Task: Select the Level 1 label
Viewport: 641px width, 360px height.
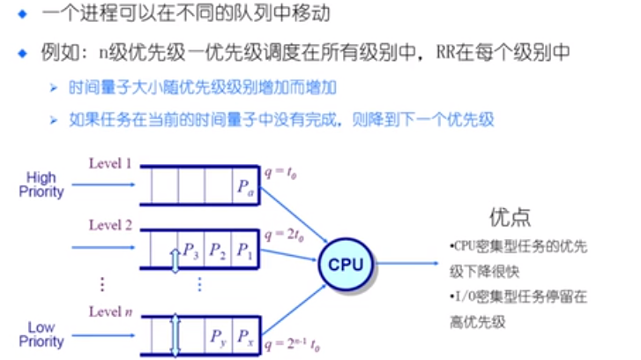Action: click(x=110, y=163)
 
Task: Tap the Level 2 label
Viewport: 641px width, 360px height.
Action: click(x=110, y=226)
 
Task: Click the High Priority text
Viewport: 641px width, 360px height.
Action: click(x=41, y=184)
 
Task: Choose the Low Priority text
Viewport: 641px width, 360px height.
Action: click(x=41, y=334)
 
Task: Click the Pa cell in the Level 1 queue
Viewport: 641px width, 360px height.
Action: click(x=245, y=187)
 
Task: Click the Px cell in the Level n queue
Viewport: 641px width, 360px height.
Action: click(x=245, y=335)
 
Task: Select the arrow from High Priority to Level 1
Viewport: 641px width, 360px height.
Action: click(x=102, y=185)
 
